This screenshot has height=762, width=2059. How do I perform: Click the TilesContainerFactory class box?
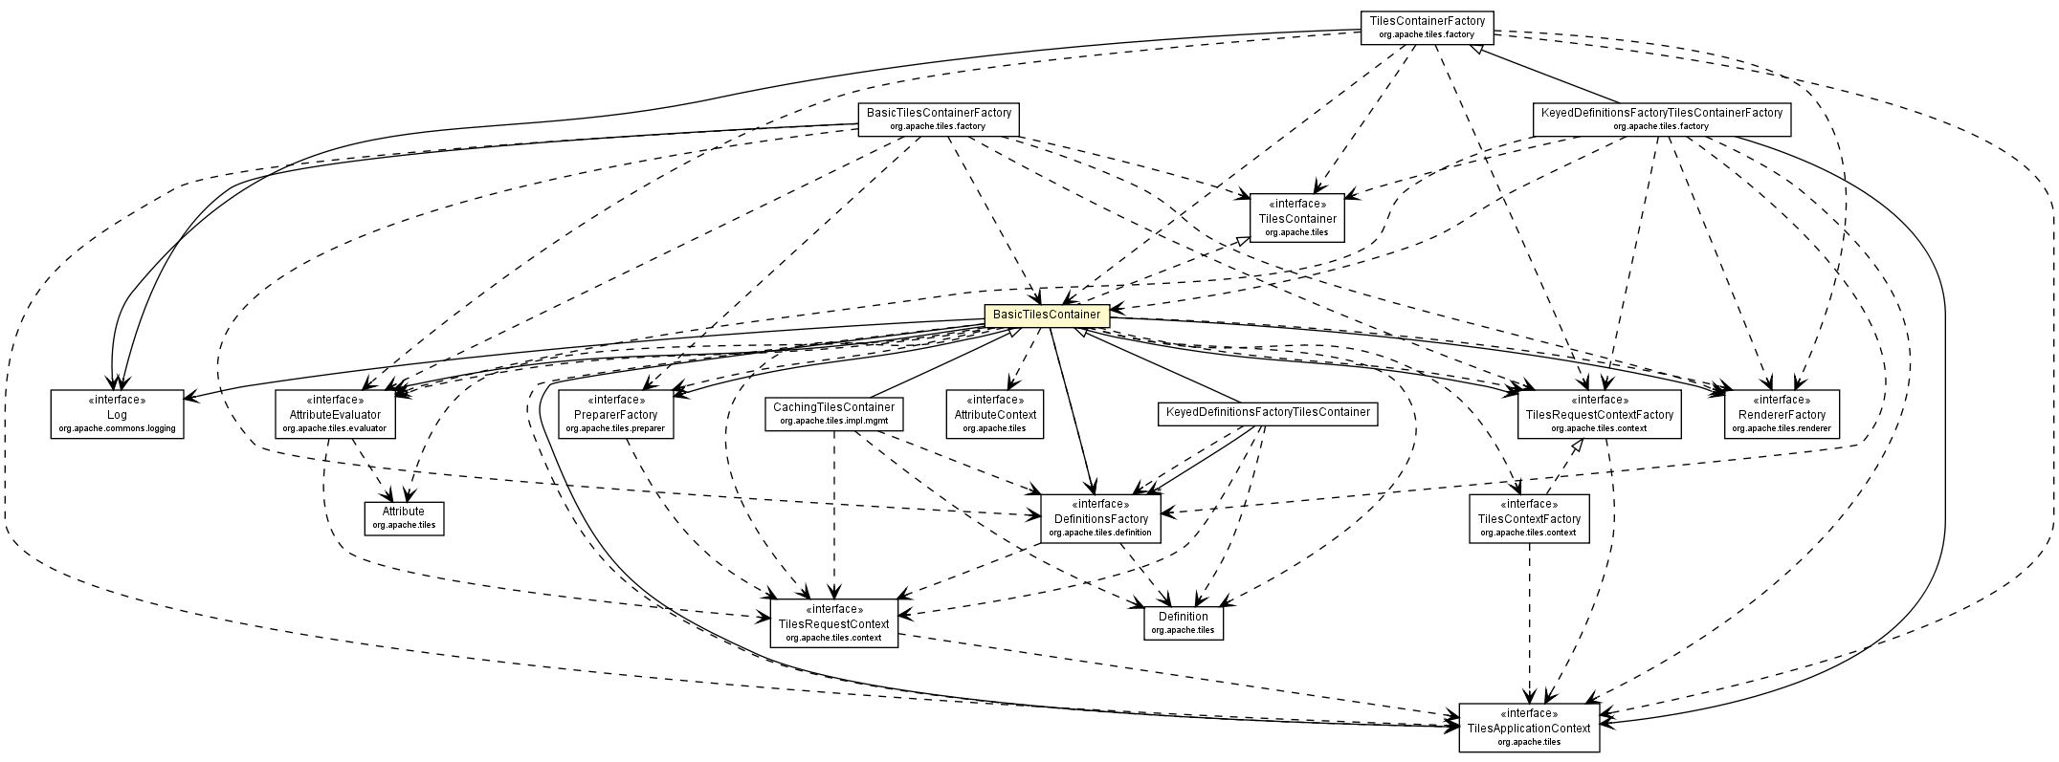[1427, 27]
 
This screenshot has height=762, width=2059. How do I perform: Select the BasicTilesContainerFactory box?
[938, 120]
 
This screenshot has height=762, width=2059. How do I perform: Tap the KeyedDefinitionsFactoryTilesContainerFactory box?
[1660, 120]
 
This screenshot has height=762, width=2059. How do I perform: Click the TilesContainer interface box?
[1295, 218]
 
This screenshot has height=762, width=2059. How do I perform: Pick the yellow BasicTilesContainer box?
[1047, 315]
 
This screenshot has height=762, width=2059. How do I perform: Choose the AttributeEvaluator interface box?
[334, 414]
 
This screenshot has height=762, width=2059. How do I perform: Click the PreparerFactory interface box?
[615, 414]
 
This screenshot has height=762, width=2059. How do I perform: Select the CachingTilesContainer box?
[833, 414]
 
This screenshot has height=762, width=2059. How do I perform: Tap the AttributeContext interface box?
[994, 414]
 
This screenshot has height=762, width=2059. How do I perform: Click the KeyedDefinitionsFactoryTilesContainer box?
[1266, 414]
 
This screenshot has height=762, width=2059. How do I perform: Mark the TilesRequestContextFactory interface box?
[1599, 414]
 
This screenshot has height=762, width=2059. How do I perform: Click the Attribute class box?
[404, 517]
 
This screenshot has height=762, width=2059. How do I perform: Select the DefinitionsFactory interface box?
[1100, 517]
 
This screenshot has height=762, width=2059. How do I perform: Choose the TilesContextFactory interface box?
[1529, 518]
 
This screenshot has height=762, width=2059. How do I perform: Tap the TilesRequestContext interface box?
[833, 623]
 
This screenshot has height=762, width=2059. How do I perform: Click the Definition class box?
[1183, 622]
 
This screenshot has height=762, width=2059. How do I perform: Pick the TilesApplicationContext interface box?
[1528, 728]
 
